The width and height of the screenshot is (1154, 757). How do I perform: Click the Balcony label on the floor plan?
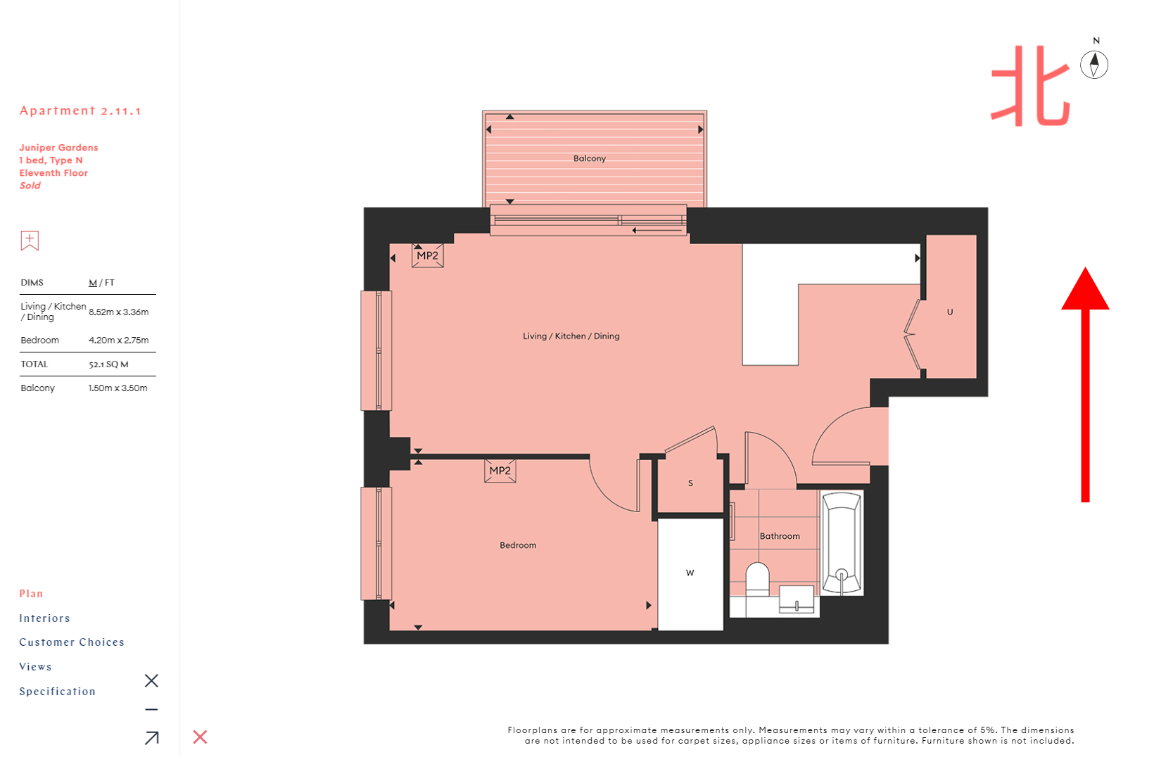pos(590,158)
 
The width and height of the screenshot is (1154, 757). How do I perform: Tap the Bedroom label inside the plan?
pos(518,545)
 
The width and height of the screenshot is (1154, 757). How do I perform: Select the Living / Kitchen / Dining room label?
pos(571,336)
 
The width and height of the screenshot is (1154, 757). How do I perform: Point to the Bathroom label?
pos(780,536)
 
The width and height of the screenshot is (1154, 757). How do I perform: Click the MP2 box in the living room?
pos(428,255)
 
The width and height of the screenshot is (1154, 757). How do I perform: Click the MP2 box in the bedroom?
pos(500,471)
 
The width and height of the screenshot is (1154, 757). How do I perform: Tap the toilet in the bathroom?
pos(757,579)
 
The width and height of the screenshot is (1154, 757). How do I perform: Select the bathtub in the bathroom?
pos(842,542)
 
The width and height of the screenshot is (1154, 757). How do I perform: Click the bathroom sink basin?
pos(797,599)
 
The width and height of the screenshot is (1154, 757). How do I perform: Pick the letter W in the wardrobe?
pos(690,573)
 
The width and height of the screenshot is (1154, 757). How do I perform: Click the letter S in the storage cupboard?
pos(690,483)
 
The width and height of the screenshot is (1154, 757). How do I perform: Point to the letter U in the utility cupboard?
pos(950,312)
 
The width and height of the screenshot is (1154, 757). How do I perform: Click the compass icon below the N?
pos(1093,64)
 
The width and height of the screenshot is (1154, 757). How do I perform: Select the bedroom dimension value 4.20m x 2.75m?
pos(118,340)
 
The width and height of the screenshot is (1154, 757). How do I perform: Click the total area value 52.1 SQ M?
pos(108,364)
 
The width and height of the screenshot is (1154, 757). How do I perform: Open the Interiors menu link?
pos(44,618)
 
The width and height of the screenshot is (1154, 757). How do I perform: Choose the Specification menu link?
pos(57,691)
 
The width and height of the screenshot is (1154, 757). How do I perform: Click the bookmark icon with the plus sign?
pos(30,241)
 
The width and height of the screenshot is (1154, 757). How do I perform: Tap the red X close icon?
pos(200,737)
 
